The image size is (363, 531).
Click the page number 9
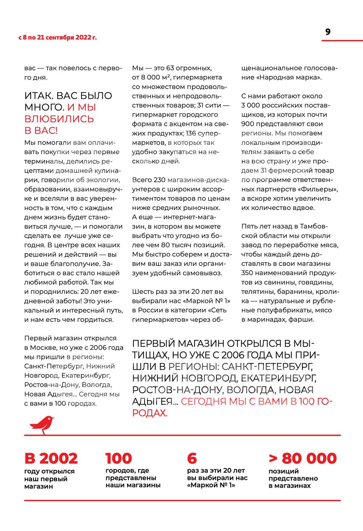(328, 32)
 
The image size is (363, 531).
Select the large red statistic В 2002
(51, 458)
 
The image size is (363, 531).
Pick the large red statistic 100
(119, 458)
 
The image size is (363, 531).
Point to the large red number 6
(192, 458)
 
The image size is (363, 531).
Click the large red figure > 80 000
(303, 458)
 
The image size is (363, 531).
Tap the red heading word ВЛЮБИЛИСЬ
(59, 119)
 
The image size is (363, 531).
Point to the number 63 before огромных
(170, 68)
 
